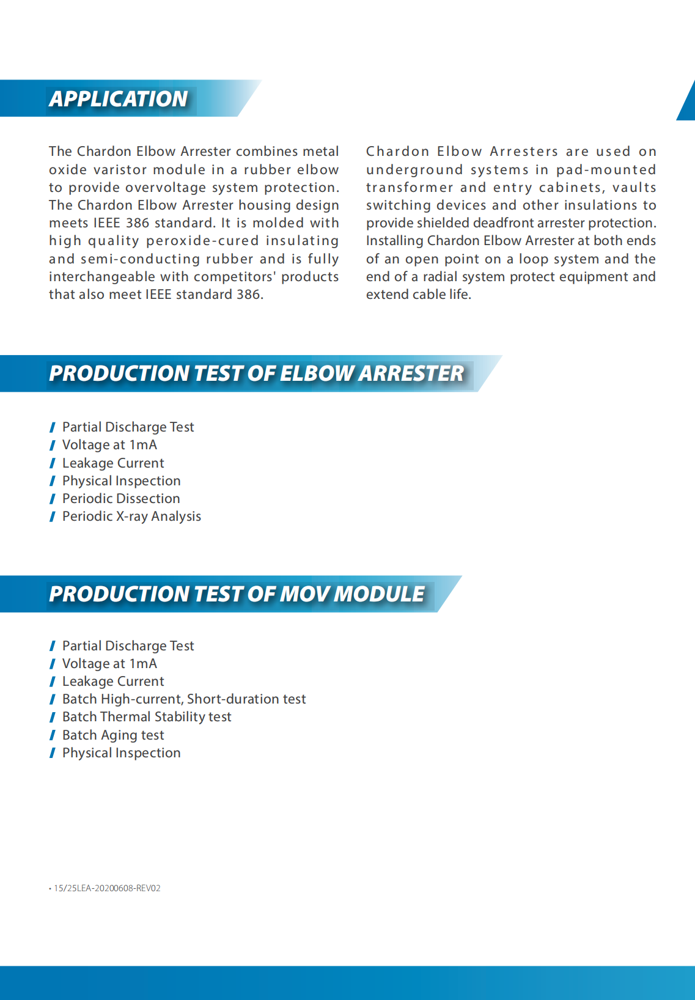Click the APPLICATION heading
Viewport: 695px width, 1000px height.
[x=119, y=98]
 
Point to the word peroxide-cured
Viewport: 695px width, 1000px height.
[x=202, y=241]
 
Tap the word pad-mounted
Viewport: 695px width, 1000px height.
[x=606, y=169]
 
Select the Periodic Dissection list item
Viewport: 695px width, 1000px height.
[x=121, y=499]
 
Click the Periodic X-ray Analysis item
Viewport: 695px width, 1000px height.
[x=131, y=517]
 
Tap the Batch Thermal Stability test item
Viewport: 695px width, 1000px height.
[x=147, y=717]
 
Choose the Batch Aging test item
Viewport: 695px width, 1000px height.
[x=113, y=735]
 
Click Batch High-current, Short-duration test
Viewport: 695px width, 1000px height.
[x=184, y=699]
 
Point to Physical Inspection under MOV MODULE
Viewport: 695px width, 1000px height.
[x=121, y=753]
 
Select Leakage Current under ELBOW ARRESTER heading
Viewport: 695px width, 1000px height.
[x=113, y=463]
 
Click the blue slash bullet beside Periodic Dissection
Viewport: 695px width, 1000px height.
[x=53, y=499]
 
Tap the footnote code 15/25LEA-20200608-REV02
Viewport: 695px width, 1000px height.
[x=107, y=888]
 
